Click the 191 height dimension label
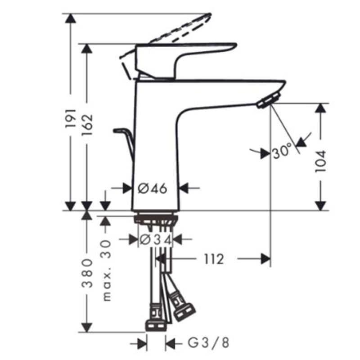coord(71,118)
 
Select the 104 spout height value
coord(320,161)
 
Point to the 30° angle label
coord(283,151)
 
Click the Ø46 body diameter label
coord(153,189)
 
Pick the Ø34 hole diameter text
coord(156,240)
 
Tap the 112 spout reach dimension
coord(214,259)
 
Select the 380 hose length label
coord(87,273)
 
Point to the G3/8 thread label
coord(208,343)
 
